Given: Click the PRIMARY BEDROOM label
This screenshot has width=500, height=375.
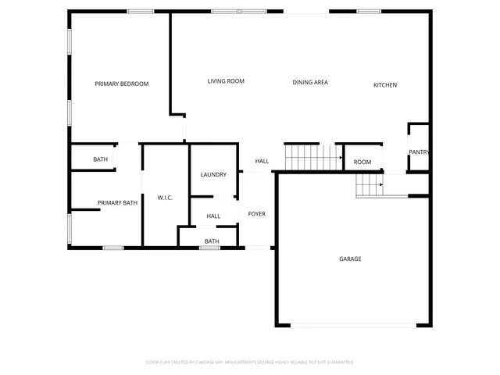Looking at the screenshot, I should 121,84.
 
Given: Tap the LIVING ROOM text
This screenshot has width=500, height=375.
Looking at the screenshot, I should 226,81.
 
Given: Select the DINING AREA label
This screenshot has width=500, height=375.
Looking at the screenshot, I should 310,82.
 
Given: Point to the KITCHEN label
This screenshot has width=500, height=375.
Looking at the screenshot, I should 385,85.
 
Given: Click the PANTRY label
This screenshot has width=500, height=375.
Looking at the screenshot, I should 419,152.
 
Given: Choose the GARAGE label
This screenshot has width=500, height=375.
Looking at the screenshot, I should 350,259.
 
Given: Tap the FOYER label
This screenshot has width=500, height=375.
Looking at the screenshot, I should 257,213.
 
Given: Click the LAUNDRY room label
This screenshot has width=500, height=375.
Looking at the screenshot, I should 213,174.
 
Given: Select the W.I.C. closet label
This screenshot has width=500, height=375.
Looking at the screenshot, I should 165,198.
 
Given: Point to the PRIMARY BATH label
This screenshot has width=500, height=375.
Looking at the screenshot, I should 117,203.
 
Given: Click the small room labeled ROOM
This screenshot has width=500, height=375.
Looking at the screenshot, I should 362,162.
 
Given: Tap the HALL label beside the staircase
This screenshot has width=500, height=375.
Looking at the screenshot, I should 262,161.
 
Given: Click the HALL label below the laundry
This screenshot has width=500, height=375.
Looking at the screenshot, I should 213,216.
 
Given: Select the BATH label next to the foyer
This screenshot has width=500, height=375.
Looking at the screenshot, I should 212,241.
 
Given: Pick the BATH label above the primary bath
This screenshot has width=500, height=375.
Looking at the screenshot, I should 100,159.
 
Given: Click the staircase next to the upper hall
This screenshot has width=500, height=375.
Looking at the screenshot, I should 313,157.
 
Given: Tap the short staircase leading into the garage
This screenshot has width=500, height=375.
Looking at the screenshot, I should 370,186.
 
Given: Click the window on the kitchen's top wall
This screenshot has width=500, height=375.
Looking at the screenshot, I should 369,12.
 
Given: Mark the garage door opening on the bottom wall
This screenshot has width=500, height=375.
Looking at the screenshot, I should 353,325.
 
